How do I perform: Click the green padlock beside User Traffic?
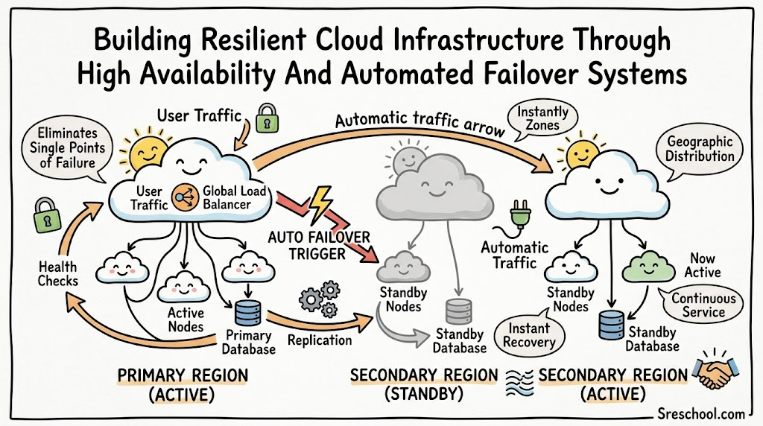click(267, 118)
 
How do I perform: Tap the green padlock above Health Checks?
click(47, 215)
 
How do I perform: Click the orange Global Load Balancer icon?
click(186, 197)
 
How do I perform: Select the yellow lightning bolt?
click(320, 204)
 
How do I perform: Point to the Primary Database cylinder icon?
click(247, 314)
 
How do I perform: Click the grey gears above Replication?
click(320, 299)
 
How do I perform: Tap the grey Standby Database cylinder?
click(458, 312)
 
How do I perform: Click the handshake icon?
click(718, 369)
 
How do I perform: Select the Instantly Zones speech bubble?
click(542, 118)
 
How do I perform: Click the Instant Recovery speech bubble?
click(530, 334)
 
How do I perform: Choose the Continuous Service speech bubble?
click(702, 305)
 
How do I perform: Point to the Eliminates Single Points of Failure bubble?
click(66, 149)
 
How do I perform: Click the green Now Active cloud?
click(648, 267)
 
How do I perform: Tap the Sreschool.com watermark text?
click(700, 414)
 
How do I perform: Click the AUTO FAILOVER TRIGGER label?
click(319, 245)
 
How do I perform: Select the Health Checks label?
click(58, 274)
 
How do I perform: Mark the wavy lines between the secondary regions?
click(519, 382)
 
